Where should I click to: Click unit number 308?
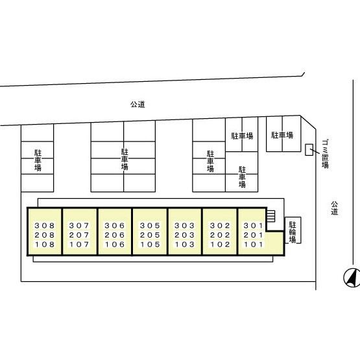[45, 226]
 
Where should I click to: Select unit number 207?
[79, 235]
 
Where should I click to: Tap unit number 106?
[115, 245]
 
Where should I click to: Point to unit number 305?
[150, 226]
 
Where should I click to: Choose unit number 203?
[185, 235]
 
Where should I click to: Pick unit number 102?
[220, 245]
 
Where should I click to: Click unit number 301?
[253, 226]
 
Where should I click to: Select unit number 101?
[253, 245]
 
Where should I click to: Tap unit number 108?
[45, 245]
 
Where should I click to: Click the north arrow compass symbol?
[352, 278]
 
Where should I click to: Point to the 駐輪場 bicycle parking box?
[293, 230]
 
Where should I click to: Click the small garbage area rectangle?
[309, 149]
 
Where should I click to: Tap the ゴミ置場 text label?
[325, 154]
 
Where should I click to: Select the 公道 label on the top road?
[138, 105]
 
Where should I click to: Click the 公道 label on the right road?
[335, 208]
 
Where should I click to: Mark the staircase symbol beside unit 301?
[271, 216]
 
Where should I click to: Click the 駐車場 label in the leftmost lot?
[38, 160]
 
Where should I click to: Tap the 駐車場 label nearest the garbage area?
[282, 135]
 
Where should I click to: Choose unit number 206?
[115, 235]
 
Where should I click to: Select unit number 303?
[185, 226]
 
